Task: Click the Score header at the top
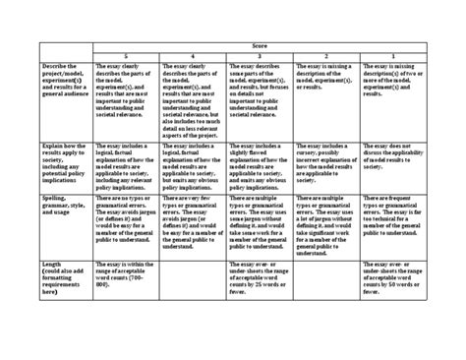[259, 45]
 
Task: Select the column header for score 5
[125, 56]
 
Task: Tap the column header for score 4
[193, 56]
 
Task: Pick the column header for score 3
[260, 56]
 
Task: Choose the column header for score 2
[326, 56]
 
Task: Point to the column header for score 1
[393, 56]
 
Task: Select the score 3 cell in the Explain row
[260, 163]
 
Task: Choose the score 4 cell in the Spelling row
[193, 221]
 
